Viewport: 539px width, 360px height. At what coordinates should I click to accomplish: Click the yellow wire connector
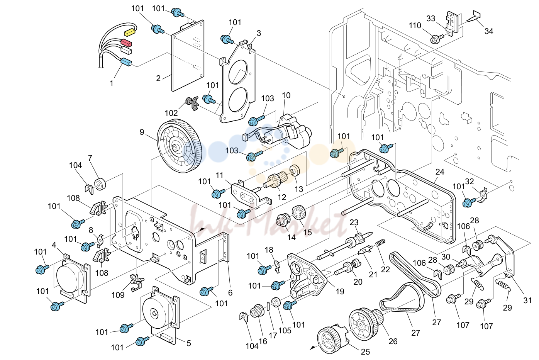[130, 32]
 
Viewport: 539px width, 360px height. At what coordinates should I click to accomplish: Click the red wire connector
[127, 43]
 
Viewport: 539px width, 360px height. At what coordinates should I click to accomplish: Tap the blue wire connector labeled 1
[126, 62]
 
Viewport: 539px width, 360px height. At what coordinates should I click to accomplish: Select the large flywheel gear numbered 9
[180, 147]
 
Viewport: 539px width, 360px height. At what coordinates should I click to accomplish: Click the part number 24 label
[440, 172]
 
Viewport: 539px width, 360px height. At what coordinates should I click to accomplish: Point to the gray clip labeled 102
[192, 103]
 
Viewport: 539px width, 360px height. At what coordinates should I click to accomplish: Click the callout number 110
[415, 25]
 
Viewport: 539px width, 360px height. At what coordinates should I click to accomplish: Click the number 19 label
[340, 292]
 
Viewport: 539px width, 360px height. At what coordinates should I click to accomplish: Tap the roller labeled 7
[100, 185]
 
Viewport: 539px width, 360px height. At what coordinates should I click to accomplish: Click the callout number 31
[527, 300]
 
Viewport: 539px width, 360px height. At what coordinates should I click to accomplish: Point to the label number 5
[189, 343]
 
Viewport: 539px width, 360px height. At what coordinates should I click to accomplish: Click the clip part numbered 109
[136, 282]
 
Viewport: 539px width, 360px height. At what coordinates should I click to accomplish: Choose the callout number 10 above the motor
[286, 95]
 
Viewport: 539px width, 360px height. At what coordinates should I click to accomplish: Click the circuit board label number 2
[158, 78]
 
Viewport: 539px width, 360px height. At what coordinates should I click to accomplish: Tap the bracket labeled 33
[452, 24]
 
